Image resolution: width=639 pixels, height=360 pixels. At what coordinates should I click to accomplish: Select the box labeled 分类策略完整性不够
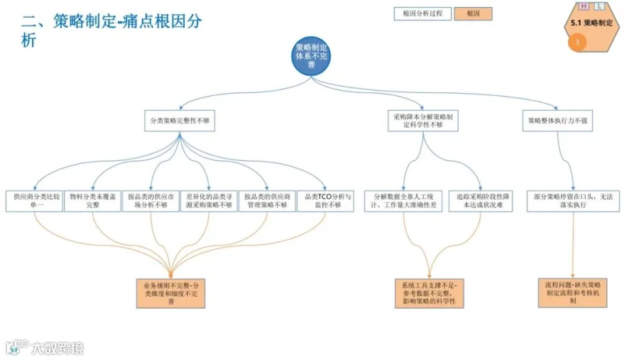(x=180, y=121)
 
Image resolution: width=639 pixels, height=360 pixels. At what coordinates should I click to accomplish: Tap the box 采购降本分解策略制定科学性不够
(x=423, y=121)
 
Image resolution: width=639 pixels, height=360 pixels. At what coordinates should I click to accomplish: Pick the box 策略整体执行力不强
(x=557, y=121)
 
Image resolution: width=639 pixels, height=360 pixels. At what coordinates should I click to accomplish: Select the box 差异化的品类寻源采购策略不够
(x=209, y=200)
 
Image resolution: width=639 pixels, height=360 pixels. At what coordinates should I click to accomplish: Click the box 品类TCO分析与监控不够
(x=325, y=200)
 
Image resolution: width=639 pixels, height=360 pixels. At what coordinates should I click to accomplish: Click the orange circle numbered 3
(x=577, y=43)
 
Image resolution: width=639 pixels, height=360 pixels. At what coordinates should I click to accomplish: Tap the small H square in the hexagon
(x=584, y=6)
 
